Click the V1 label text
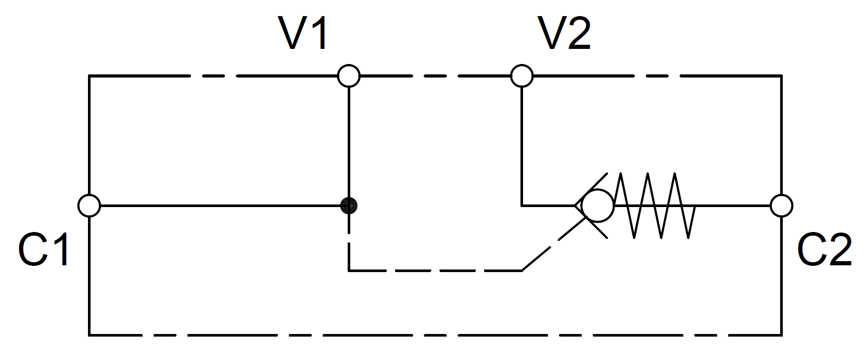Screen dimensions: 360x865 pyautogui.click(x=305, y=34)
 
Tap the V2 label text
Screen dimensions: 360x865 pyautogui.click(x=566, y=34)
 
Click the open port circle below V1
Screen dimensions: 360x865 pyautogui.click(x=349, y=76)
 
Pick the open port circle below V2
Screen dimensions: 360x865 pyautogui.click(x=521, y=76)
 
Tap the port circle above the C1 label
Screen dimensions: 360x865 pyautogui.click(x=89, y=205)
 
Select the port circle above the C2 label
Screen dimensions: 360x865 pyautogui.click(x=781, y=205)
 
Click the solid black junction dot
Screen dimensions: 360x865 pyautogui.click(x=349, y=206)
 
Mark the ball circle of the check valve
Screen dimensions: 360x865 pyautogui.click(x=597, y=205)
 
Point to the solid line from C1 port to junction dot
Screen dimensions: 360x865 pyautogui.click(x=219, y=205)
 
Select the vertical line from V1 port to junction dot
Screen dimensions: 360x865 pyautogui.click(x=349, y=140)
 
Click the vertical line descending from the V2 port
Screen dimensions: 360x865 pyautogui.click(x=521, y=140)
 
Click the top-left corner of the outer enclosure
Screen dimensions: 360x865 pyautogui.click(x=90, y=76)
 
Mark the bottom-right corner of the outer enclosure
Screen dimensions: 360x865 pyautogui.click(x=781, y=335)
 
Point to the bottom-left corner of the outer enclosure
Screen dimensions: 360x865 pyautogui.click(x=90, y=335)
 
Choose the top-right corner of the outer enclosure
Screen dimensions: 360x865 pyautogui.click(x=781, y=76)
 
